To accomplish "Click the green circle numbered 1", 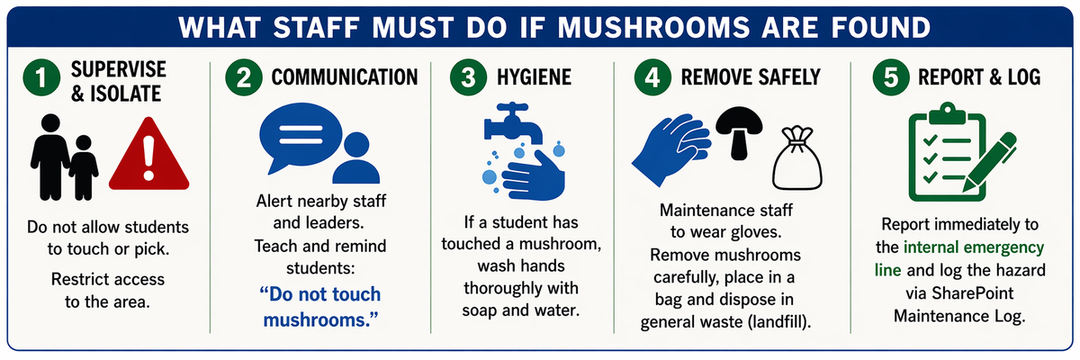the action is tap(41, 77).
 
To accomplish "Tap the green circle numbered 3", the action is tap(468, 77).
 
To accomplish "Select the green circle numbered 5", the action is tap(891, 77).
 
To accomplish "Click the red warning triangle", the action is tap(149, 154).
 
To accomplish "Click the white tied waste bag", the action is tap(797, 158).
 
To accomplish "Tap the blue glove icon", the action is tap(671, 148).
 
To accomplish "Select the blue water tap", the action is tap(513, 123).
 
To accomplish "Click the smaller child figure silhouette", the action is tap(84, 167).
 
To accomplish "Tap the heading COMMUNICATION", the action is tap(344, 77).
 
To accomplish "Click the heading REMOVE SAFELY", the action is tap(751, 77).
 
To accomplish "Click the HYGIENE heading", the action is tap(535, 77).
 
